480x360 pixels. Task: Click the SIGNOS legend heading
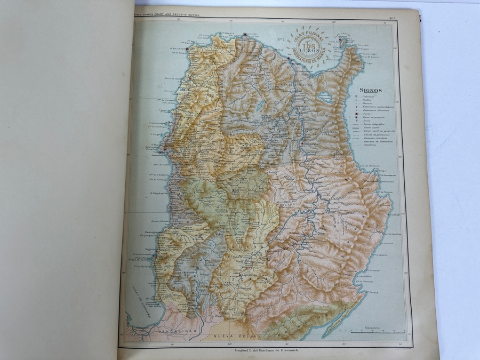click(x=371, y=91)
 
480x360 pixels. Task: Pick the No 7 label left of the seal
click(x=281, y=39)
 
